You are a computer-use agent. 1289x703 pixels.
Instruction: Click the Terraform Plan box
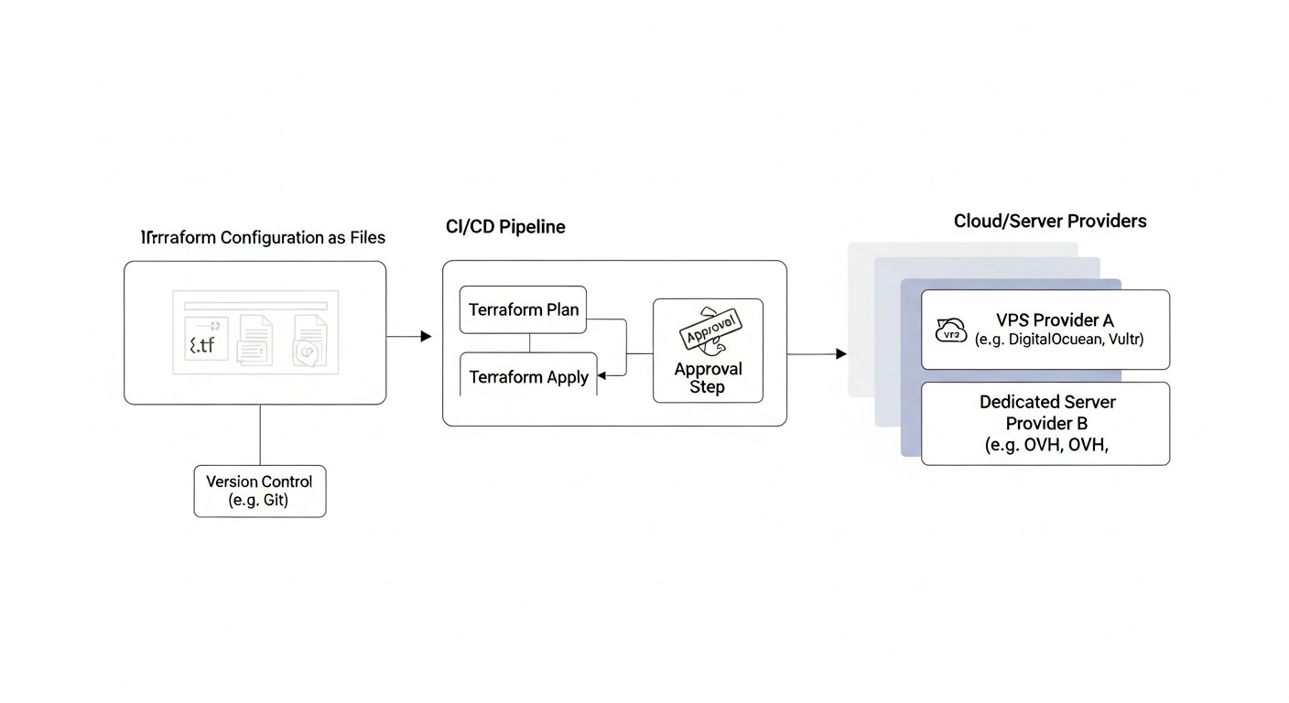524,309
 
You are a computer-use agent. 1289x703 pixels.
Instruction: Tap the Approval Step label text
708,378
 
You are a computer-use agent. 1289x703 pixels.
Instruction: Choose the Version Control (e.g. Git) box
259,491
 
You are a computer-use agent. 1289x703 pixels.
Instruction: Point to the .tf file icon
206,341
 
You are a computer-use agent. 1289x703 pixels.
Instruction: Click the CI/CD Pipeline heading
505,227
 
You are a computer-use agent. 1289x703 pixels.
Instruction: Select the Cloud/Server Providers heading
1049,221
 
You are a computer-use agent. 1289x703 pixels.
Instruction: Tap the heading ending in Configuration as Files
263,237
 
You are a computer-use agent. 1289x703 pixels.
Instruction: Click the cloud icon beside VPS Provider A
951,331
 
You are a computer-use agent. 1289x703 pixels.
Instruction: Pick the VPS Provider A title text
1055,319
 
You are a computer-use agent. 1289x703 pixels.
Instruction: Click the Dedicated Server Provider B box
1045,423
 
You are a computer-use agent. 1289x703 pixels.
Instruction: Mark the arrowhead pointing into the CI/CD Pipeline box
426,337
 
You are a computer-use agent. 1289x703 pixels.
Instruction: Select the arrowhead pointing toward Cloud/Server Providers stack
841,353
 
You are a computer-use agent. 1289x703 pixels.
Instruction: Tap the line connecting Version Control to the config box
261,435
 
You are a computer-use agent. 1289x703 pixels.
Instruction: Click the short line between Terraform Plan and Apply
530,343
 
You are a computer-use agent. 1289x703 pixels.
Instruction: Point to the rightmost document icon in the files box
309,341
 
